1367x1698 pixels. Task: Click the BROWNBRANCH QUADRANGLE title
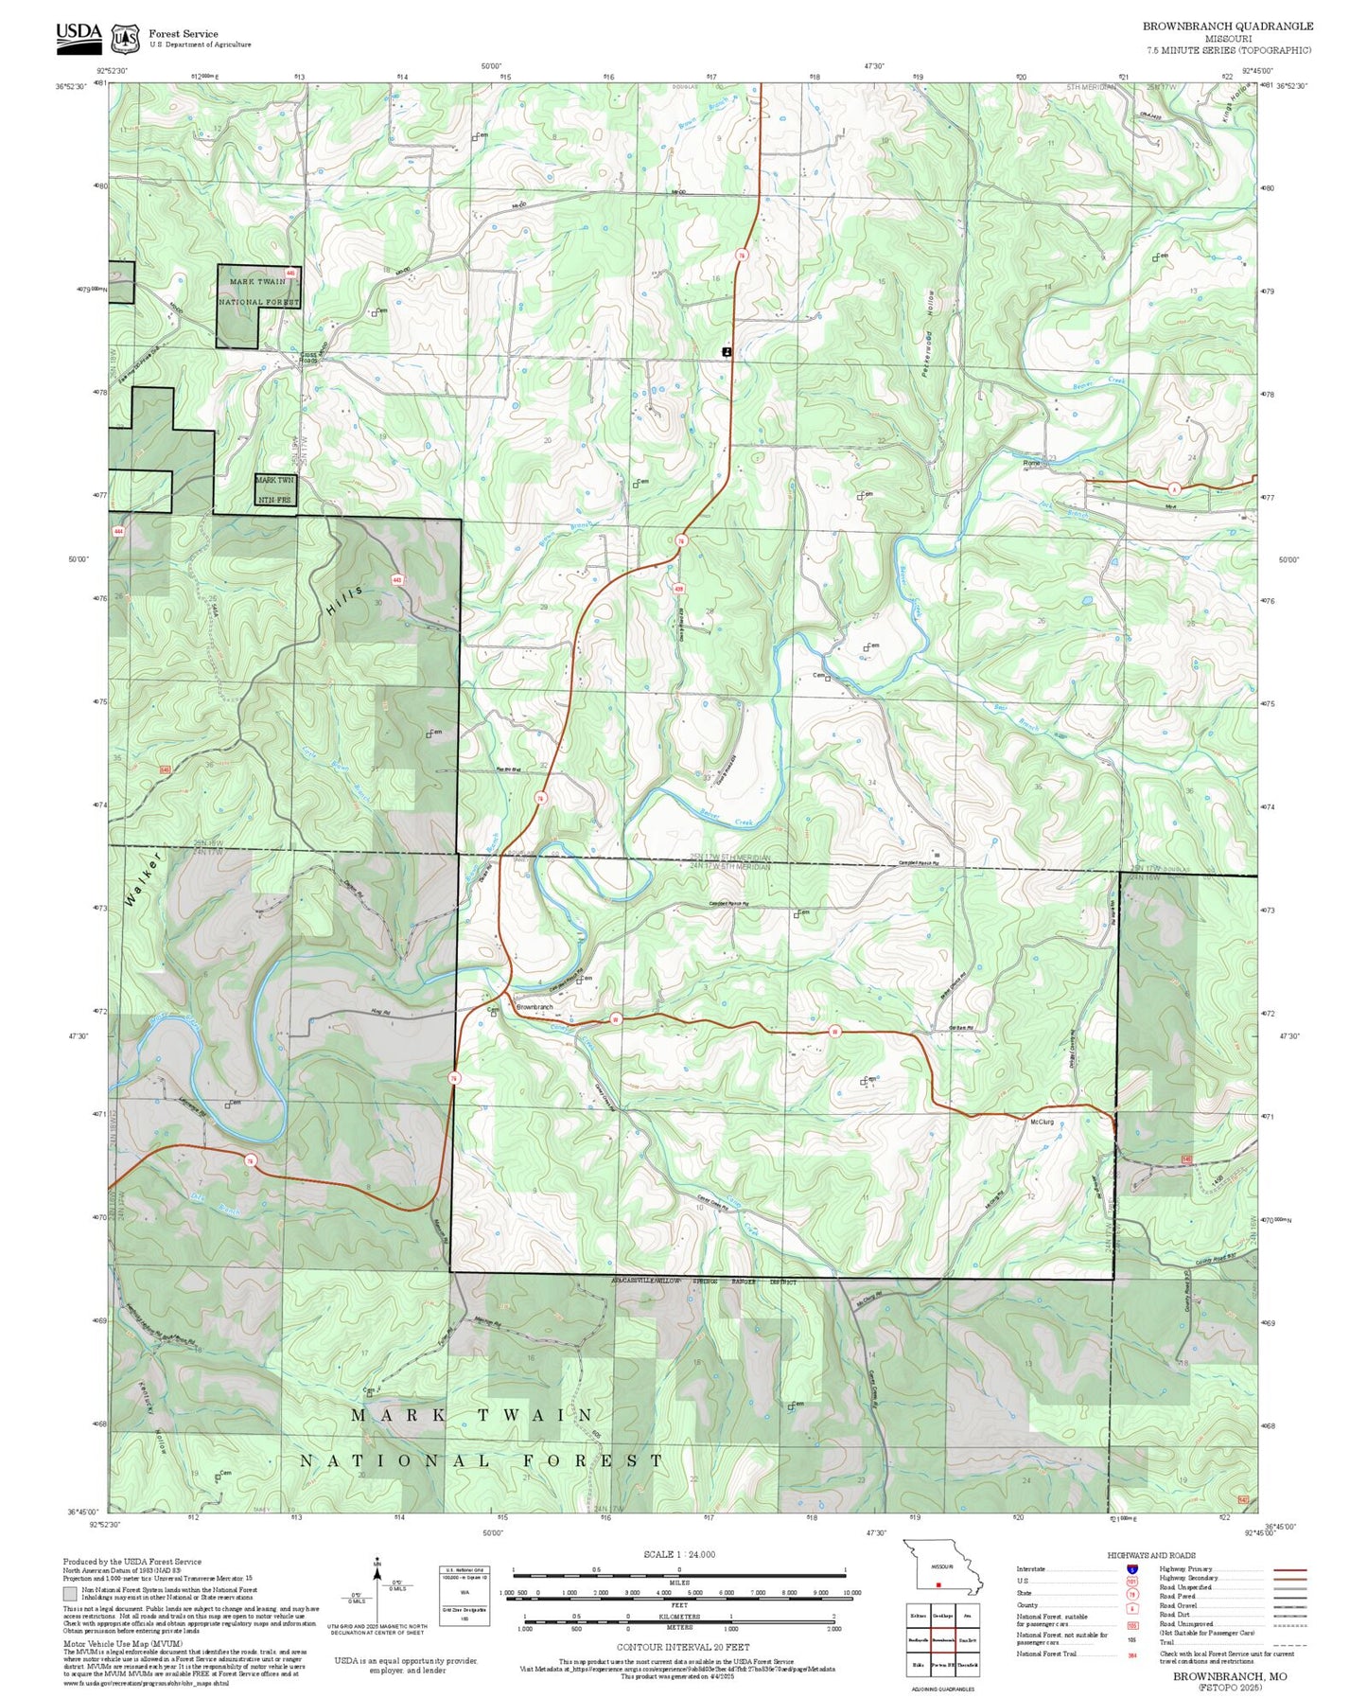[1227, 27]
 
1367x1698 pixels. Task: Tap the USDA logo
[79, 35]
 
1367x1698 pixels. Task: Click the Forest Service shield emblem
[125, 39]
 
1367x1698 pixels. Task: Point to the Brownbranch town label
[535, 1007]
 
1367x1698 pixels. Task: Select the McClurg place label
[1041, 1122]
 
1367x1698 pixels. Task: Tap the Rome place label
[1031, 463]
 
